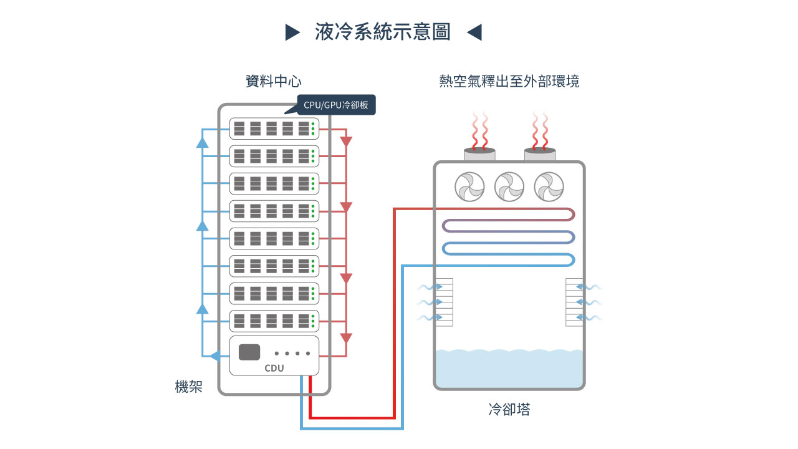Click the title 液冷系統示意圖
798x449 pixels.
point(383,32)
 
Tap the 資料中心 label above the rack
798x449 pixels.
point(274,82)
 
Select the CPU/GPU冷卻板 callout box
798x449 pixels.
point(336,105)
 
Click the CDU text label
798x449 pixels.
point(274,368)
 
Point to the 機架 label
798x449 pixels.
point(189,387)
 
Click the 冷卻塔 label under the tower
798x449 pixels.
point(509,410)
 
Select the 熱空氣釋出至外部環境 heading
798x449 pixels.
point(509,82)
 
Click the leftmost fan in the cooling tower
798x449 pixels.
point(469,186)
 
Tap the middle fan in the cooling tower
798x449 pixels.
point(509,186)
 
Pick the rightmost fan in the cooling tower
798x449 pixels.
point(549,186)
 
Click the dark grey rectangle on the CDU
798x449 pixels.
point(249,352)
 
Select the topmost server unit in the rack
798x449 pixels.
point(274,128)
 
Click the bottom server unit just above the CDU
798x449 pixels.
point(274,321)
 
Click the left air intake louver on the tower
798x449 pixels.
point(443,302)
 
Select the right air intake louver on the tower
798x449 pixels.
point(574,302)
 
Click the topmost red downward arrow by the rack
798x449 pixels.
point(347,142)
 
